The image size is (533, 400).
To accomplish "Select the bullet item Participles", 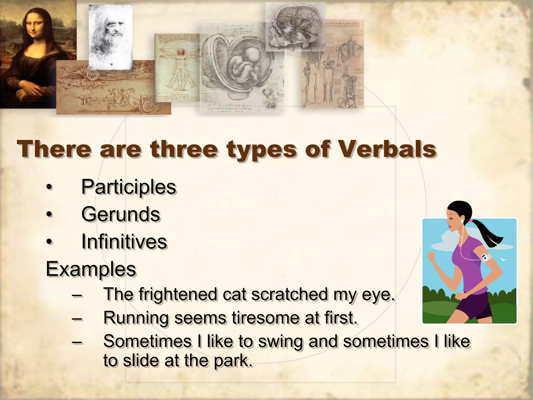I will click(x=129, y=187).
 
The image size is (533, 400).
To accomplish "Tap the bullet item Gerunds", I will click(x=120, y=214).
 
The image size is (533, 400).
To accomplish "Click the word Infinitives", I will click(x=124, y=242).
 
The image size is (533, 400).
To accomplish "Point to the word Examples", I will click(x=91, y=269).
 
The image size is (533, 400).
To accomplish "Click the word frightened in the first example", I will click(x=177, y=294).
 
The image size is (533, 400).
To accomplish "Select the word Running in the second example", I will click(x=136, y=318).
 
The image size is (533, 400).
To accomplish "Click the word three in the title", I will click(x=183, y=149).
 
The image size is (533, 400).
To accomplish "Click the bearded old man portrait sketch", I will click(x=111, y=36).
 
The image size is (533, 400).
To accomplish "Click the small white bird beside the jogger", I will click(x=504, y=259).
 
